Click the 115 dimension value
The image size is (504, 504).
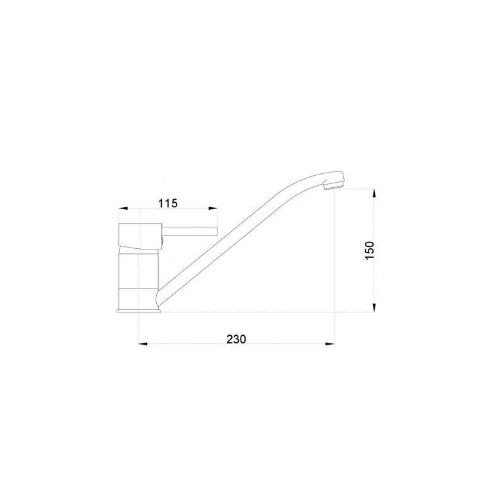point(168,203)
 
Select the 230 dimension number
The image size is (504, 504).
point(236,339)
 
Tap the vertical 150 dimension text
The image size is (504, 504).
point(370,251)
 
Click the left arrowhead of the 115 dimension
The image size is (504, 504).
point(123,209)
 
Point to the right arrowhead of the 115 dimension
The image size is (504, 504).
point(213,209)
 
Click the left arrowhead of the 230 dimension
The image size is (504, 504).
point(143,344)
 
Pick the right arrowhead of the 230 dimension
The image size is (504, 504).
point(329,344)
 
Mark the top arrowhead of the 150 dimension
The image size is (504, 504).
point(374,194)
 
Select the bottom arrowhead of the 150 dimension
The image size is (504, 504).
point(374,307)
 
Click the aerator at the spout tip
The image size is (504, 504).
point(333,185)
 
